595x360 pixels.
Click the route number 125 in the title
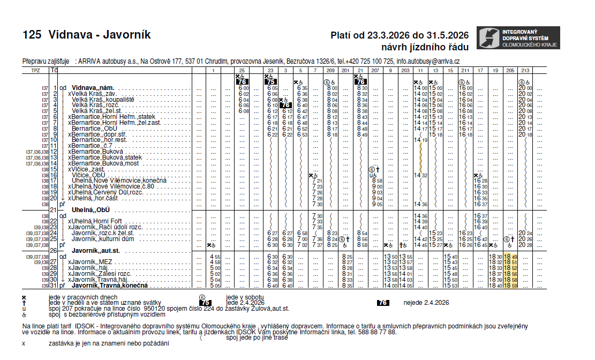pyautogui.click(x=32, y=35)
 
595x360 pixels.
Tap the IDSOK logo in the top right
pyautogui.click(x=518, y=37)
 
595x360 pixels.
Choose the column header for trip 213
pyautogui.click(x=525, y=71)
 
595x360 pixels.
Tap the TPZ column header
pyautogui.click(x=36, y=71)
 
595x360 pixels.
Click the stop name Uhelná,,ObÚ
pyautogui.click(x=91, y=209)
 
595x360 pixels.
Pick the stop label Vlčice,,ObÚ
pyautogui.click(x=88, y=175)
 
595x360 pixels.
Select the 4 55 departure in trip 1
pyautogui.click(x=215, y=256)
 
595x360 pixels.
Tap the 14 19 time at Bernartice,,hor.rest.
pyautogui.click(x=420, y=140)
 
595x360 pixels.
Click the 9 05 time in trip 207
pyautogui.click(x=377, y=204)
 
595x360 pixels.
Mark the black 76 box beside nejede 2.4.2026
pyautogui.click(x=382, y=303)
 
